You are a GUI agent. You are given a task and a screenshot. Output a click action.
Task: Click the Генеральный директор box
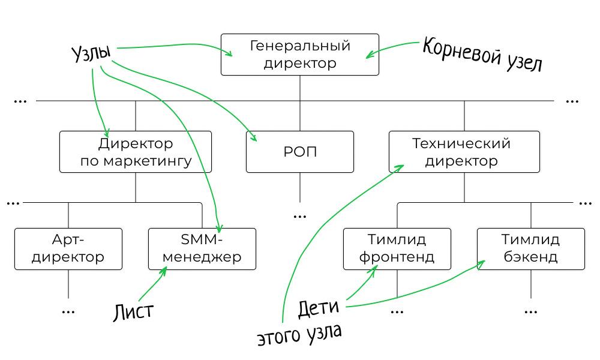point(300,55)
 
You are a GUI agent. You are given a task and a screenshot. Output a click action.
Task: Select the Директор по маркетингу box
point(136,152)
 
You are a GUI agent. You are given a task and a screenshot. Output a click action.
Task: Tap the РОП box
point(300,152)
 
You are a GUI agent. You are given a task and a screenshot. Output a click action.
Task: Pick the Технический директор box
point(464,152)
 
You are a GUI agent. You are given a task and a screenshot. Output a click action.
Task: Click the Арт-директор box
point(68,248)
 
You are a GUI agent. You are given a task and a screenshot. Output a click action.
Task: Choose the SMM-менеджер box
point(202,248)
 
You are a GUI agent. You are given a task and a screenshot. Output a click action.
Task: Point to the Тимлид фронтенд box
point(397,248)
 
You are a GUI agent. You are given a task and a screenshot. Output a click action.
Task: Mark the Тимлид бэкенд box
point(530,248)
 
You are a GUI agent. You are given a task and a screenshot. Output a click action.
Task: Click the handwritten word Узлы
point(91,55)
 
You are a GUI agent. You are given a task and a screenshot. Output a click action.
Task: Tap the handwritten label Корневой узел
point(482,55)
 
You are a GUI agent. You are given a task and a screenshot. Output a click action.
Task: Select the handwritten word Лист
point(133,312)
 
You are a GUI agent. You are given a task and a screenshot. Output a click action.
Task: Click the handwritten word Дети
point(319,309)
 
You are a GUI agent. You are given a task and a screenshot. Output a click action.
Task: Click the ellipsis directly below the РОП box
point(300,215)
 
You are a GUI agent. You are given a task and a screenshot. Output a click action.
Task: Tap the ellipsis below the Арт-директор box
point(68,311)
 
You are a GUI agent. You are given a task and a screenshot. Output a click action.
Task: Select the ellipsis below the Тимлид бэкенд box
point(530,311)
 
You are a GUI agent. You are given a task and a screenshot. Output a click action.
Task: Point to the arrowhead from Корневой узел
point(369,56)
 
